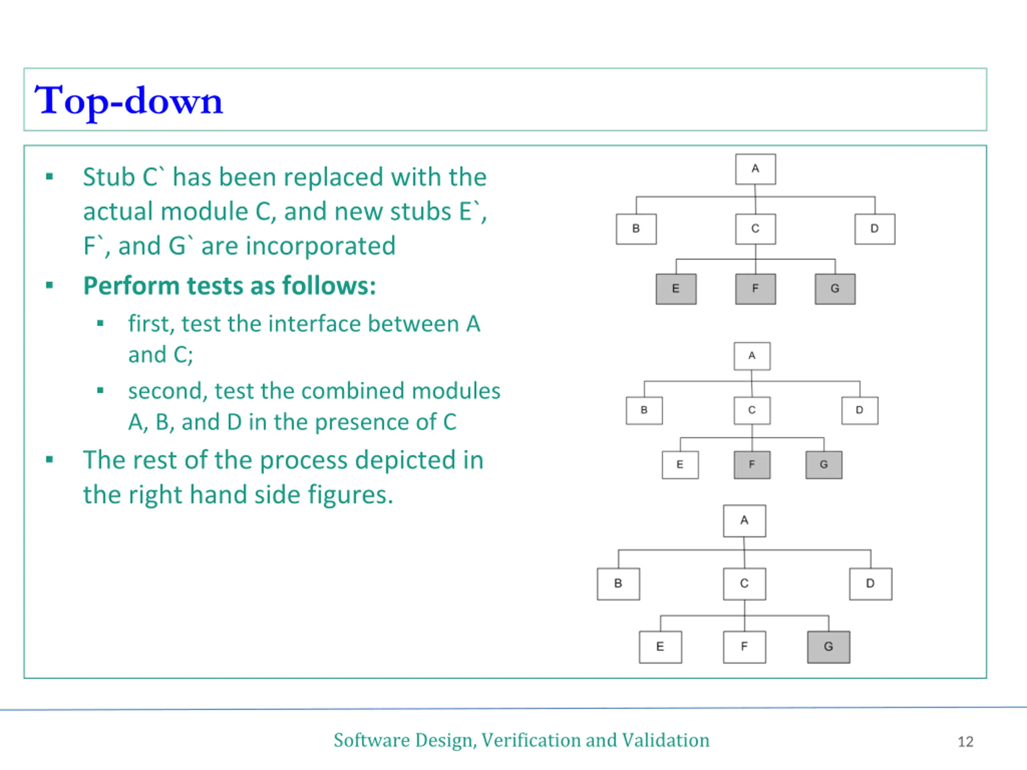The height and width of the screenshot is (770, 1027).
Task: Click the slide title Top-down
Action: point(129,101)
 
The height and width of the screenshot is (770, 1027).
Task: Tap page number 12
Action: point(965,741)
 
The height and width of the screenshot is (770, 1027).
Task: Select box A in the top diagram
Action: point(755,169)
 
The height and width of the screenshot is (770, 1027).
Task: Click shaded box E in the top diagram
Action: point(676,289)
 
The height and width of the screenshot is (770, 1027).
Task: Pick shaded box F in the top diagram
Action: point(755,289)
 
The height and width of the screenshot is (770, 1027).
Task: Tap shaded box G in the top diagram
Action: point(835,289)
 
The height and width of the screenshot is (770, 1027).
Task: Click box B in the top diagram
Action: point(636,229)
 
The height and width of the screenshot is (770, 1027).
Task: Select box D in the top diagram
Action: point(875,229)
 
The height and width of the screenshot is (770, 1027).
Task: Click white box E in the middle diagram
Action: point(680,464)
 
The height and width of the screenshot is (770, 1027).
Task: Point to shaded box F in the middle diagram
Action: point(752,464)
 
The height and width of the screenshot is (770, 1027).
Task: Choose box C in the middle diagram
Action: point(752,410)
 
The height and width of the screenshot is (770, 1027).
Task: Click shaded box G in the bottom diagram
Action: point(828,646)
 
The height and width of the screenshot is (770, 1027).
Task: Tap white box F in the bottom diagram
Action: point(744,646)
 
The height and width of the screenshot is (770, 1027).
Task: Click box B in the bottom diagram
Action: point(618,584)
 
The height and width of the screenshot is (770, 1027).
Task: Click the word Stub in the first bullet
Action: point(109,177)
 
